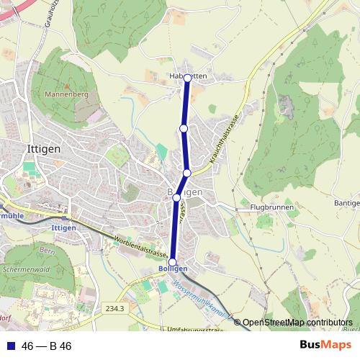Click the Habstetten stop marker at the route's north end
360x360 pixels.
[x=187, y=78]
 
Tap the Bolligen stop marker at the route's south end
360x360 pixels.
[x=172, y=261]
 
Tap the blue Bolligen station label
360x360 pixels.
[x=172, y=269]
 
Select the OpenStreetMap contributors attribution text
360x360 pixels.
[x=297, y=323]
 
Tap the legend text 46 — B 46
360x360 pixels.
[x=47, y=346]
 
